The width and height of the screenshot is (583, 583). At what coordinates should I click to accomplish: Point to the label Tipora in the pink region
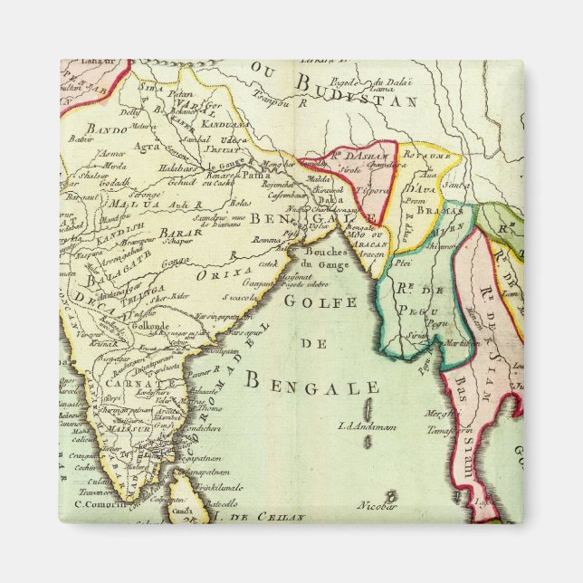(375, 191)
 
